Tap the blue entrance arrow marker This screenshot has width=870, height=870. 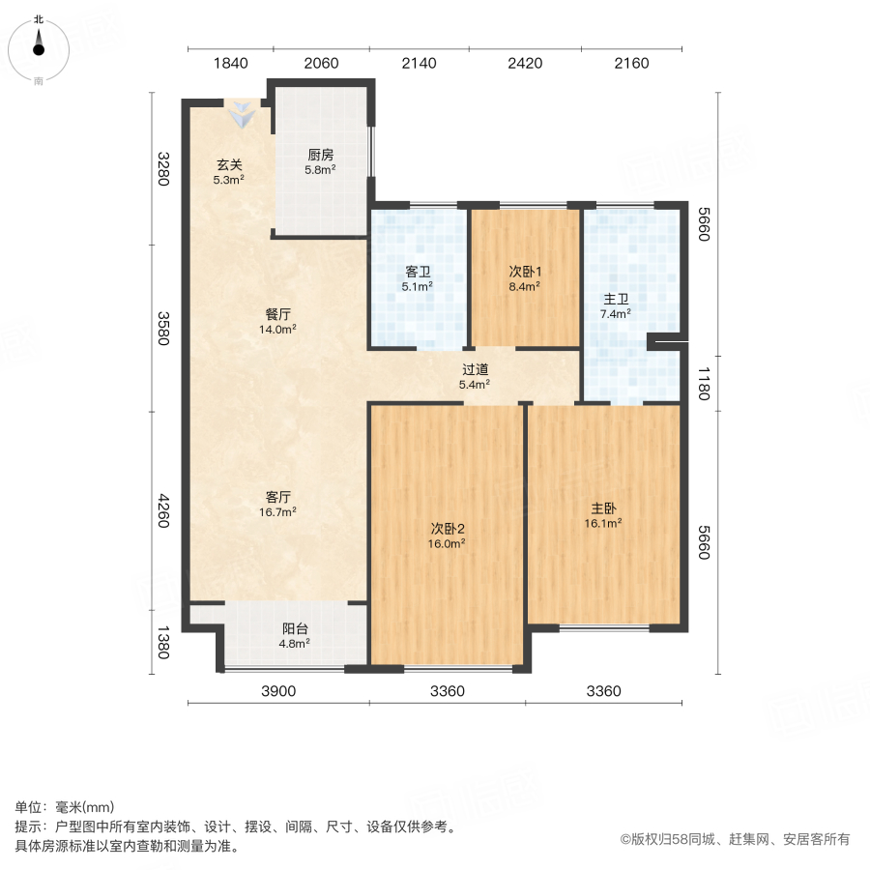click(x=242, y=115)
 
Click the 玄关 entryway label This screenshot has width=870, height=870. click(x=229, y=163)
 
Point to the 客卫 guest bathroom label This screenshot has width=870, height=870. click(x=418, y=272)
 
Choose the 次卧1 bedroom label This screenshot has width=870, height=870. click(x=525, y=272)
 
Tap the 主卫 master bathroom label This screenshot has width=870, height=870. click(x=616, y=299)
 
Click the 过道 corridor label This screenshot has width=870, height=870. click(x=474, y=369)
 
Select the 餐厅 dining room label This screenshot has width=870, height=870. click(x=278, y=314)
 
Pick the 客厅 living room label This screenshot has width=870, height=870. click(x=278, y=498)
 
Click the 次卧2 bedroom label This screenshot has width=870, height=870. click(x=449, y=529)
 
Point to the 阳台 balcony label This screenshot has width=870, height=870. click(x=295, y=628)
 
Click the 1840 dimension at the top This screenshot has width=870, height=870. click(x=230, y=64)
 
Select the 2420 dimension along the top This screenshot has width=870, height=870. click(x=525, y=64)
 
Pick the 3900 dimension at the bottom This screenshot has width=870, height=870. click(x=277, y=690)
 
